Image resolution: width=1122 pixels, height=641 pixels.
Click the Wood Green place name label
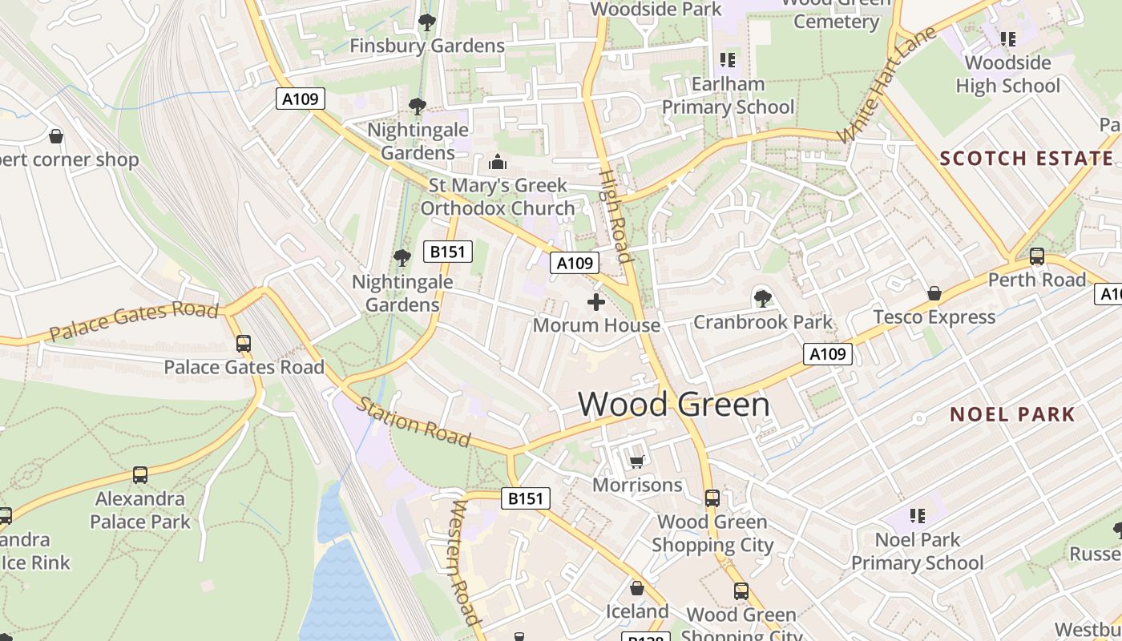point(673,404)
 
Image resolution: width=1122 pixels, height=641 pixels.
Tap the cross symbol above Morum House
point(595,302)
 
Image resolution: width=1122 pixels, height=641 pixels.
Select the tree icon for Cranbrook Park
point(762,299)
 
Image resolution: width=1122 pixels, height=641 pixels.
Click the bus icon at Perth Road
point(1036,256)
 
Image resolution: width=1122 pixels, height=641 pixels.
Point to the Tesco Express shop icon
point(934,294)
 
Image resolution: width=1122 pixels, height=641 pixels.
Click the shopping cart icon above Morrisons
point(636,462)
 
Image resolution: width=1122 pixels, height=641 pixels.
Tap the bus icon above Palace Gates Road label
point(243,344)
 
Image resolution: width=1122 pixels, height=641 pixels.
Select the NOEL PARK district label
point(1012,414)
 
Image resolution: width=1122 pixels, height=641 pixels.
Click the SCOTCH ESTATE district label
point(1027,158)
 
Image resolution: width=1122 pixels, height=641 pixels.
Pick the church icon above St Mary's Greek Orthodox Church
point(497,163)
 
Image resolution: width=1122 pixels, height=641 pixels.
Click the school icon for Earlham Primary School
point(728,60)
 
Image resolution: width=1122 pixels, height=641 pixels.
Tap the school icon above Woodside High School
point(1007,38)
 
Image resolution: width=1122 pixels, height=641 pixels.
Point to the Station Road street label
point(413,421)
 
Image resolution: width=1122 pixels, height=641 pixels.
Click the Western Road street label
point(466,562)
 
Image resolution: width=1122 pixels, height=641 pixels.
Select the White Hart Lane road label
point(886,85)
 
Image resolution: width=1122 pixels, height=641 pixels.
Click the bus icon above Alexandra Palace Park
point(140,474)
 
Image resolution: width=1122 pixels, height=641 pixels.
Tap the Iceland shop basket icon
point(636,589)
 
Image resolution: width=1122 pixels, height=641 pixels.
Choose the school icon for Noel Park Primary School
point(917,516)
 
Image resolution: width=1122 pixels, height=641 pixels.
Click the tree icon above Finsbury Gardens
point(426,22)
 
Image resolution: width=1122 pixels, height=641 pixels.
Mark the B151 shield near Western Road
point(526,498)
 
